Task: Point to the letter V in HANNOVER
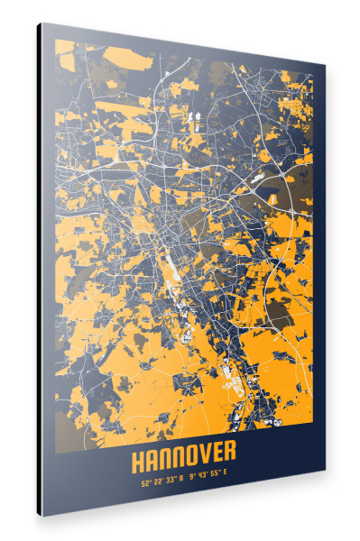click(202, 459)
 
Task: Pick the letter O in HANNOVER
click(189, 460)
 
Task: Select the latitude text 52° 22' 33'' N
click(161, 481)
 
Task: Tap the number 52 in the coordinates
click(144, 482)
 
